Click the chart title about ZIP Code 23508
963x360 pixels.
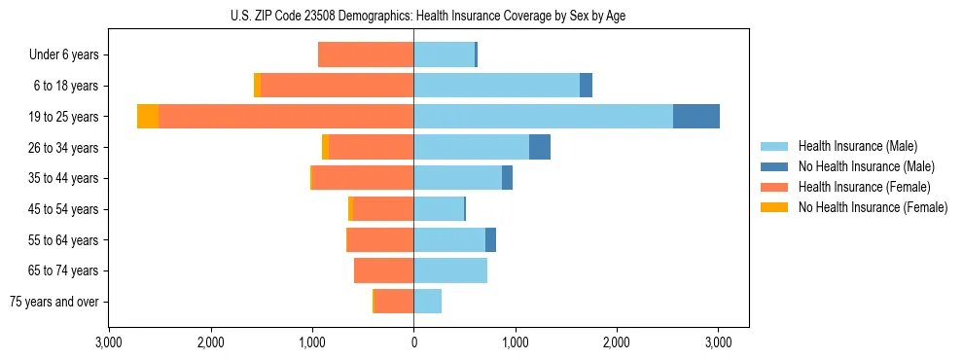428,16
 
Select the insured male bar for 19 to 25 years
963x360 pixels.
543,117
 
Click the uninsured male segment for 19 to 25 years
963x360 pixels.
696,117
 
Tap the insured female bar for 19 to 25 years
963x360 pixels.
286,117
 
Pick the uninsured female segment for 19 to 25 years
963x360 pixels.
148,117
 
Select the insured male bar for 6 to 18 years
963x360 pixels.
496,86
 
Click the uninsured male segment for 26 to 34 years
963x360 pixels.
540,147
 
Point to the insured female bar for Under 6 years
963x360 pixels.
366,55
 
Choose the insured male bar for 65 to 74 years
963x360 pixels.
450,270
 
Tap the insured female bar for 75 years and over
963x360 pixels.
394,302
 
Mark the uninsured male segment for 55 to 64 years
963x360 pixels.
491,239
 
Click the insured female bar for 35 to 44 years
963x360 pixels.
363,178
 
